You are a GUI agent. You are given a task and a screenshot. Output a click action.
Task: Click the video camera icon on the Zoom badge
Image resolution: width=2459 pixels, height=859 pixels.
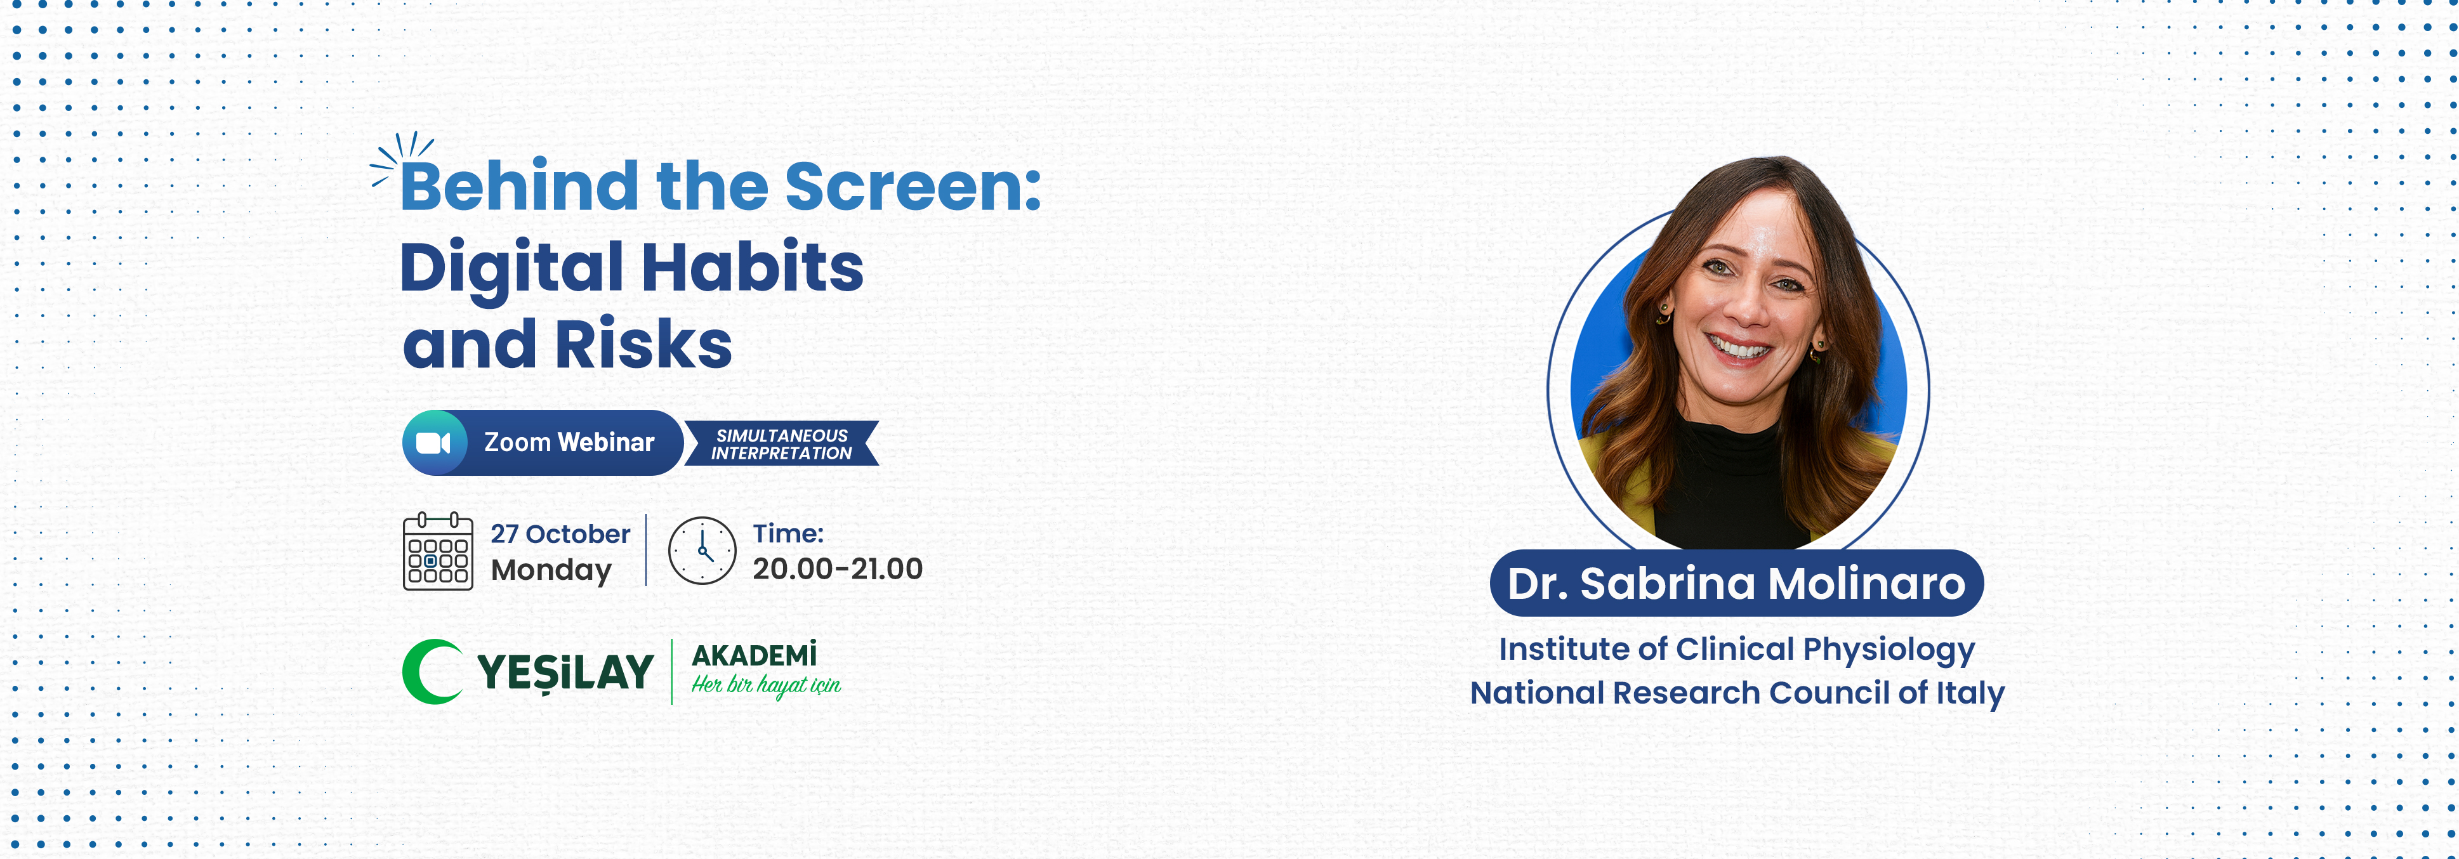[433, 443]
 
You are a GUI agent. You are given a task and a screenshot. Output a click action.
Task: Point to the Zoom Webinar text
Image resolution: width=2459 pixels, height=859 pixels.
[569, 442]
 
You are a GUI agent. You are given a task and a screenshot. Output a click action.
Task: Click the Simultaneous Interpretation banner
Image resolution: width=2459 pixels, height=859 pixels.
[782, 444]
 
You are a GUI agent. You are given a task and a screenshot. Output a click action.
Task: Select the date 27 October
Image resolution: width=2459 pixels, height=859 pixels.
[560, 534]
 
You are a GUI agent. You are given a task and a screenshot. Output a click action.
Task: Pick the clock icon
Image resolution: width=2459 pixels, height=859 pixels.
[702, 551]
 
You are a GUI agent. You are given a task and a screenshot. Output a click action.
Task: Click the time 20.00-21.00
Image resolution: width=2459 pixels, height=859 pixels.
[837, 569]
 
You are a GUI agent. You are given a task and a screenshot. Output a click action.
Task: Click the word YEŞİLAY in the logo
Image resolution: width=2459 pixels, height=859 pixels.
[565, 672]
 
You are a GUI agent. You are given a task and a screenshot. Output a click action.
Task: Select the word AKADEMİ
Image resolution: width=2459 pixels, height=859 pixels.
[754, 655]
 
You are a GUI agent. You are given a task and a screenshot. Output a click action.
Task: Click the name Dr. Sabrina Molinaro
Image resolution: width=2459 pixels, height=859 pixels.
[1736, 583]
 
